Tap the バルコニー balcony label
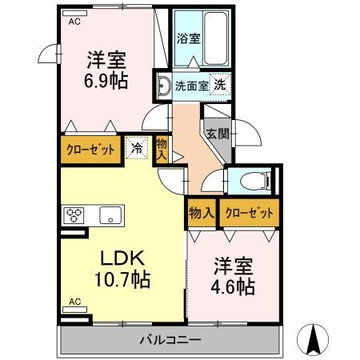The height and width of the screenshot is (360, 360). pos(171,339)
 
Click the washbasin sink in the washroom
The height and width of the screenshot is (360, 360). pos(163,84)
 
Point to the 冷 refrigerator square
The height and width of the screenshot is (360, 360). pos(137,148)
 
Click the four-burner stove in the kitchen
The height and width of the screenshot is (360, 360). pos(74,214)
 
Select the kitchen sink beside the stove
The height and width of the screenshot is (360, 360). pos(109,214)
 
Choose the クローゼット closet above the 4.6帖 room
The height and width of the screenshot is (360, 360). pos(248,213)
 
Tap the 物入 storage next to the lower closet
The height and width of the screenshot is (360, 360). pos(202,213)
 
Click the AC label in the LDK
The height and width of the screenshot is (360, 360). pos(74,302)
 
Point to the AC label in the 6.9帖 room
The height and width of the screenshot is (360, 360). pos(74,22)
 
